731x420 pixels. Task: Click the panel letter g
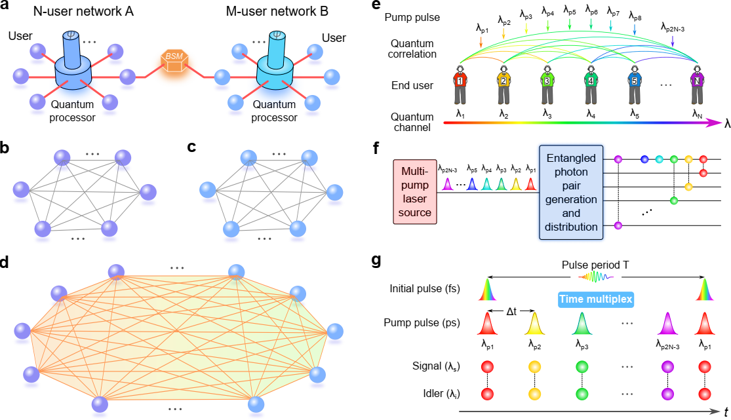[x=376, y=261]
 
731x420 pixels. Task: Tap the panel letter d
[x=6, y=261]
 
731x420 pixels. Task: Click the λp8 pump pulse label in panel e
[x=635, y=15]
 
